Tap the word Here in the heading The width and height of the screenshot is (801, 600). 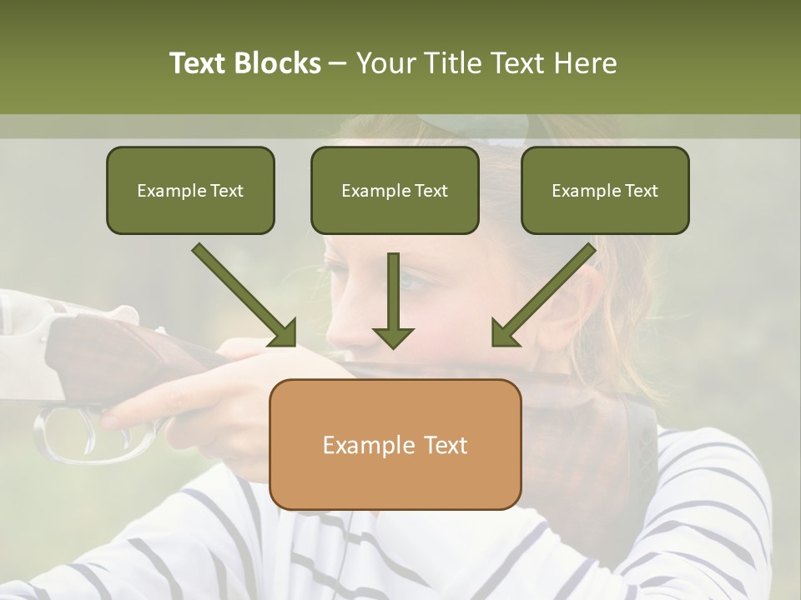[584, 63]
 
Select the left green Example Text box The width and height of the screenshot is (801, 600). [190, 190]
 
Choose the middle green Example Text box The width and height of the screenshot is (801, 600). [395, 190]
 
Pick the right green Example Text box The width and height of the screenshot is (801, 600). [605, 190]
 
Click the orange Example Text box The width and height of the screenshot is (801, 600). [395, 444]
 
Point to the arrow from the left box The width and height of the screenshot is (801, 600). [244, 295]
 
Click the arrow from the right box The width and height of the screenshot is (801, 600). [543, 295]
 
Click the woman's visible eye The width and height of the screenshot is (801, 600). [415, 282]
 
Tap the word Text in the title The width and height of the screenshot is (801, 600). [199, 63]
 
